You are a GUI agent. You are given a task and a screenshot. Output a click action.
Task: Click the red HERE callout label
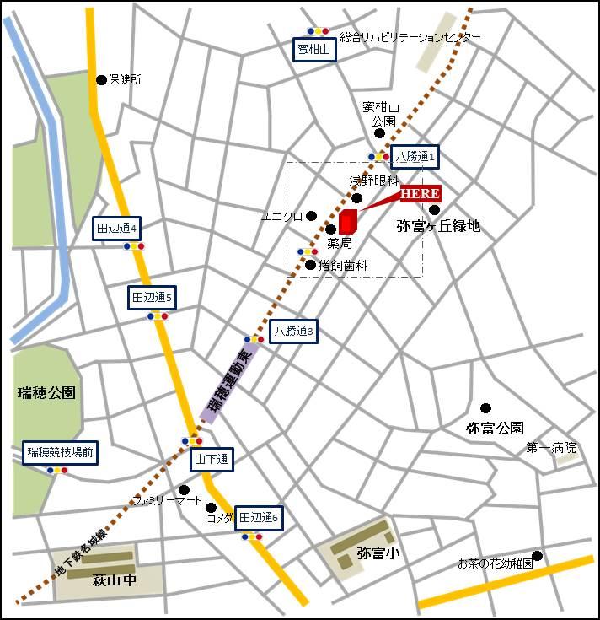(x=420, y=194)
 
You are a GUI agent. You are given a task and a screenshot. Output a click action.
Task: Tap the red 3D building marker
(x=348, y=222)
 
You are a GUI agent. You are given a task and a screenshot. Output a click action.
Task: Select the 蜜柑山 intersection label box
(x=316, y=51)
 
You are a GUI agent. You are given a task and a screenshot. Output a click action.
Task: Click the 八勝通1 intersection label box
(x=415, y=156)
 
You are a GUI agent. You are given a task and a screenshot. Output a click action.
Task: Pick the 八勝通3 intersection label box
(x=294, y=332)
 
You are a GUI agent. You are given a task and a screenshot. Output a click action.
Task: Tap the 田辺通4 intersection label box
(x=117, y=228)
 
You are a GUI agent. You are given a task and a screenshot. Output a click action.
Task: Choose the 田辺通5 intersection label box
(x=152, y=298)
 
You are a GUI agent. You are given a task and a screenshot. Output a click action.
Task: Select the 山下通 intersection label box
(x=211, y=460)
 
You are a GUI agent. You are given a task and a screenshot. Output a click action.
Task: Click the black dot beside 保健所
(x=102, y=80)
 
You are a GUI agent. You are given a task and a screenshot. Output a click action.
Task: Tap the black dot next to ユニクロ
(x=312, y=216)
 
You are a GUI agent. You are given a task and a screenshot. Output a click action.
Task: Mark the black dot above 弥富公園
(x=485, y=408)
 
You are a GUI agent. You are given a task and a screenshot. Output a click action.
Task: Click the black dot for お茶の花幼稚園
(x=537, y=555)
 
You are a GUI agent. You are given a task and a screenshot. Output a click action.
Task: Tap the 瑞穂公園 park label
(x=46, y=393)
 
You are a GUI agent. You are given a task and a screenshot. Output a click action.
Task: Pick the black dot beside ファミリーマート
(x=184, y=489)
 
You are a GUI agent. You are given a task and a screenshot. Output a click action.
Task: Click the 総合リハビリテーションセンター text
(x=411, y=38)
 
